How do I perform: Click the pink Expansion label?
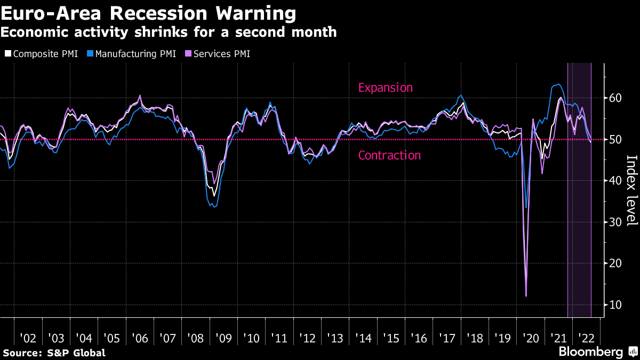[386, 87]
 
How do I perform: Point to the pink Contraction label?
[389, 155]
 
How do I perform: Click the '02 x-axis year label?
[28, 338]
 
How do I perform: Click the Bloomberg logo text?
[590, 352]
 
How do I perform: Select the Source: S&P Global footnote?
[54, 353]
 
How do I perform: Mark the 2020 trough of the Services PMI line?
[526, 296]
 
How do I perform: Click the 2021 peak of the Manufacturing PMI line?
[558, 84]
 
